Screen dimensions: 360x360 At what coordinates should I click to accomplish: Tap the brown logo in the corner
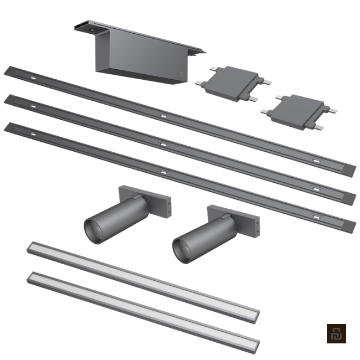pos(336,335)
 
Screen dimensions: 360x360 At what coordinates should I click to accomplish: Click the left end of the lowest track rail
pos(8,128)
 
